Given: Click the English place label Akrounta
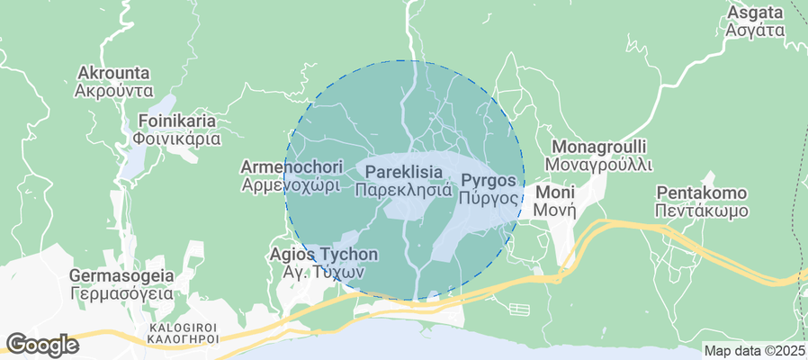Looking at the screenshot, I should click(113, 73).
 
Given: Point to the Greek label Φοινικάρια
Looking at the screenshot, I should click(177, 139).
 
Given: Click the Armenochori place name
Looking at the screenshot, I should click(291, 167).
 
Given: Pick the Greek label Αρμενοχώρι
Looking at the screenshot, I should click(291, 185).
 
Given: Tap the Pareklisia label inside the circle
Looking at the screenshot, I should click(403, 170).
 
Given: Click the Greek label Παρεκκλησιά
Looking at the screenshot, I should click(403, 190).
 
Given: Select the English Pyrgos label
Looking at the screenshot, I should click(489, 179).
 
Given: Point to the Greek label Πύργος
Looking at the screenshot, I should click(489, 198).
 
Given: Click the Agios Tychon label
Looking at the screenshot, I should click(324, 255).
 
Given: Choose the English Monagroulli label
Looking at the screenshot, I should click(598, 147).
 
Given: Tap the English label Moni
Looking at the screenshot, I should click(549, 193).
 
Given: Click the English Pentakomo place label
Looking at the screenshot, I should click(702, 193).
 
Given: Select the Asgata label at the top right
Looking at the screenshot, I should click(751, 13).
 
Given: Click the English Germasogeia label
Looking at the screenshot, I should click(121, 276).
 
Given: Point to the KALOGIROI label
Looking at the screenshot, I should click(184, 328).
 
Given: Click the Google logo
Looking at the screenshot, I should click(41, 344).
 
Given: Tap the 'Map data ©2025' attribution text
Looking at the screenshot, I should click(754, 351).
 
